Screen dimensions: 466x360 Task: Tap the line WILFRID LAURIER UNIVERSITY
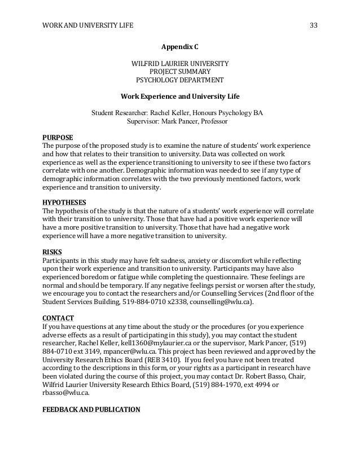tap(180, 63)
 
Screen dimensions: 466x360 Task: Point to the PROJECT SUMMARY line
tap(180, 72)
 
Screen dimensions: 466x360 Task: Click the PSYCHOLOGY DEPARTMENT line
tap(180, 80)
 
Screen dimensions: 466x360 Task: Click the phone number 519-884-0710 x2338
tap(156, 302)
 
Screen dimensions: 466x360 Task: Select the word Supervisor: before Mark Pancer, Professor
tap(143, 120)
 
